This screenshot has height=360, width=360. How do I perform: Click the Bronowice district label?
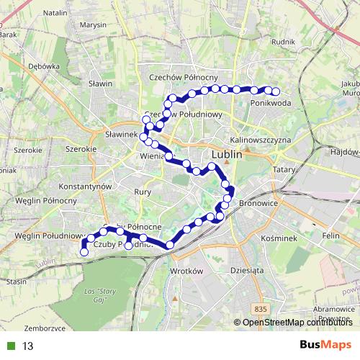point(258,204)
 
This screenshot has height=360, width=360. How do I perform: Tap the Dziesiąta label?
point(245,271)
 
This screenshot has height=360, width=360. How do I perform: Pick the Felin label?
point(330,235)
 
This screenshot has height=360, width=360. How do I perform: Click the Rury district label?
point(142,192)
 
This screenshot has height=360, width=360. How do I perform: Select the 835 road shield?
point(261,308)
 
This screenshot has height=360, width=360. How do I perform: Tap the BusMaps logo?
point(325,346)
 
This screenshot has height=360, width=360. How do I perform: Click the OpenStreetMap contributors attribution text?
point(294,323)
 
